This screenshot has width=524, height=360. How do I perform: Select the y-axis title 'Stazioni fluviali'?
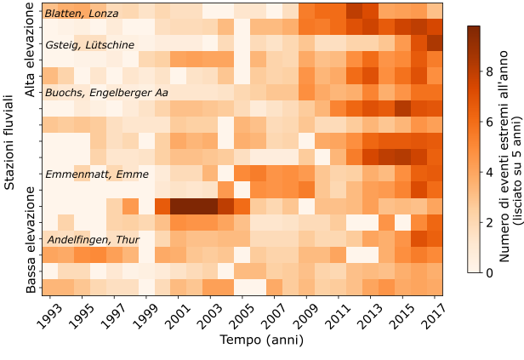(10, 149)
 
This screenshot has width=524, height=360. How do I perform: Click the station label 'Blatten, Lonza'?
(82, 14)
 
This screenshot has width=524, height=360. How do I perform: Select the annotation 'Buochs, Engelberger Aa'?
(106, 92)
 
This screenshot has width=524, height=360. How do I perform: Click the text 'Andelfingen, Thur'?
(93, 240)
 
